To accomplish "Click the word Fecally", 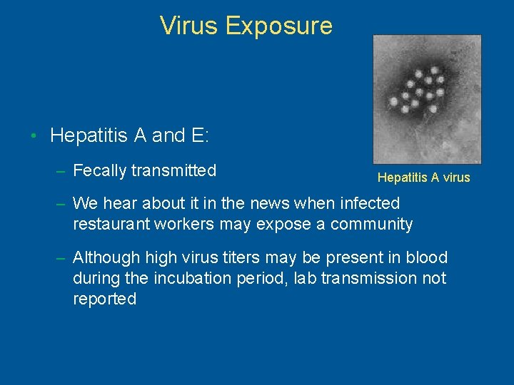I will pos(100,170).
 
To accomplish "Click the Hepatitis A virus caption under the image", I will pos(423,178).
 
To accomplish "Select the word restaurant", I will pos(111,224).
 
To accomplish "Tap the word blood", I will pos(428,257).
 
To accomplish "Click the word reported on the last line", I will pos(104,299).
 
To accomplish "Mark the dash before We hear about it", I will pos(61,203).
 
